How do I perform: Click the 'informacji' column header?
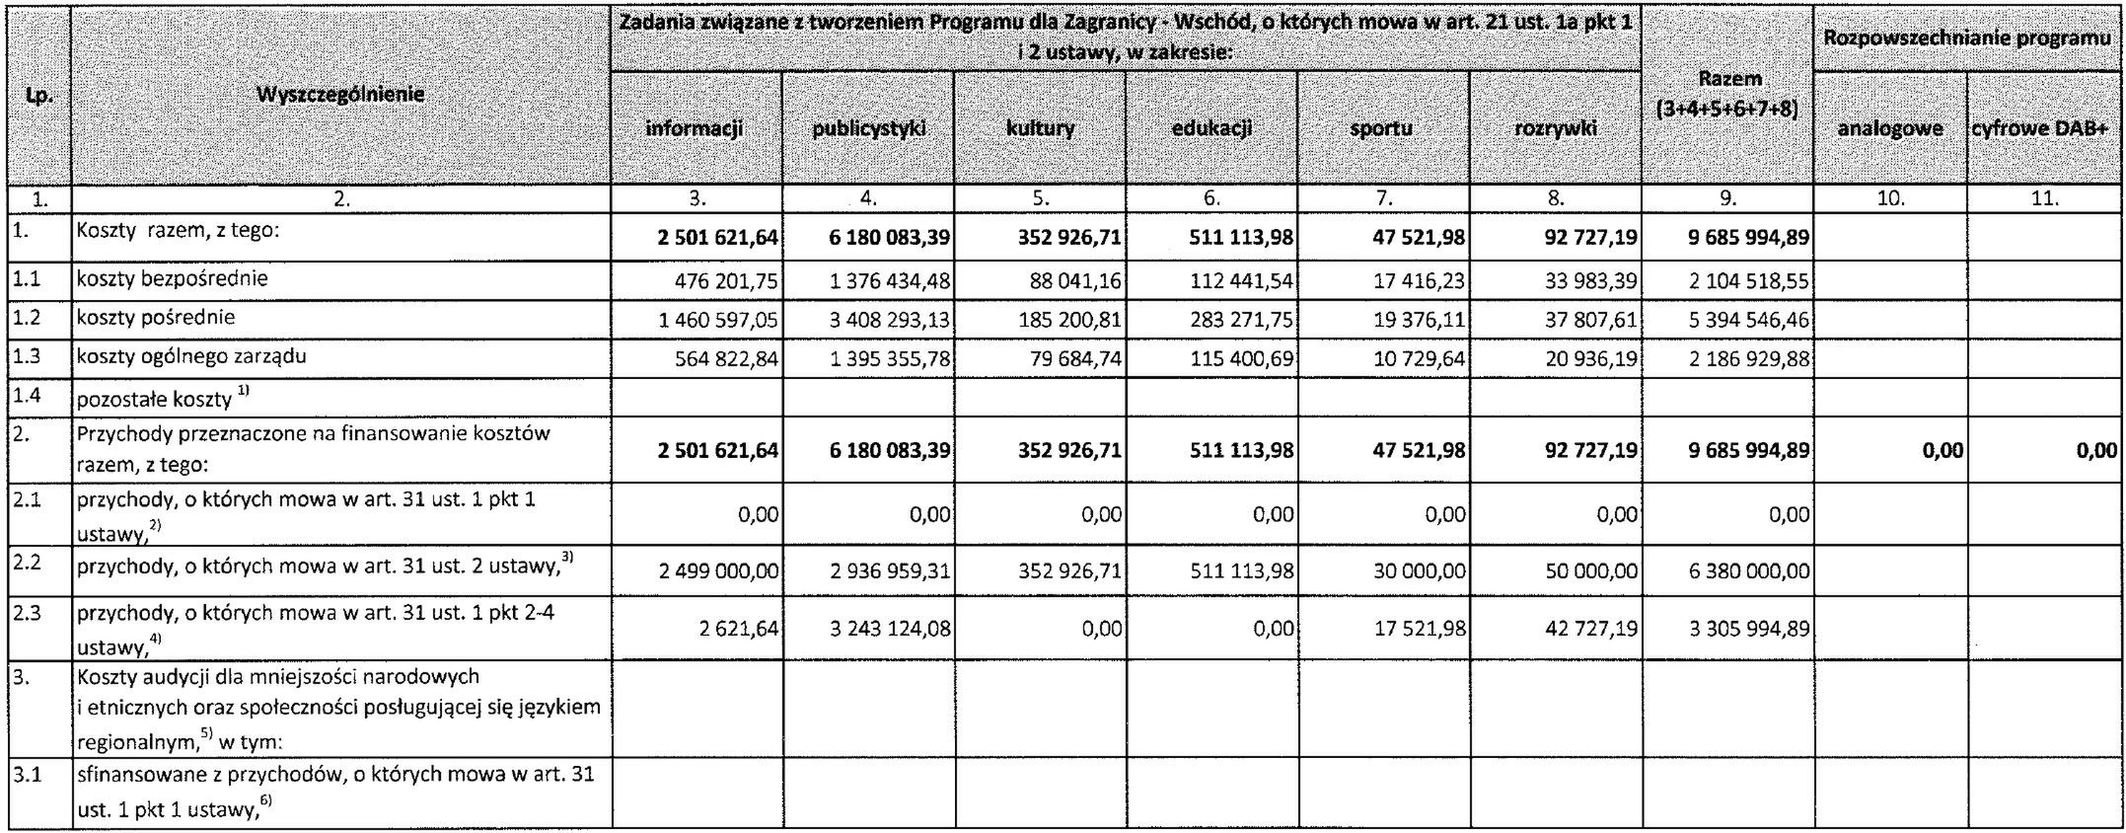tap(696, 127)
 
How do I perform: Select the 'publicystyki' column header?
tap(868, 127)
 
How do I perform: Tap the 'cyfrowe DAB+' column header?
tap(2045, 128)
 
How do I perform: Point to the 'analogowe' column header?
tap(1889, 128)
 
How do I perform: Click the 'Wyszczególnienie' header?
tap(340, 95)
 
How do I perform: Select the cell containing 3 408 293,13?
tap(891, 320)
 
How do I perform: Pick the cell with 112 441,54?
tap(1245, 281)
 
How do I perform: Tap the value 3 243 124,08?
tap(891, 629)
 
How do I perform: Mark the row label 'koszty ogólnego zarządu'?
tap(192, 356)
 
